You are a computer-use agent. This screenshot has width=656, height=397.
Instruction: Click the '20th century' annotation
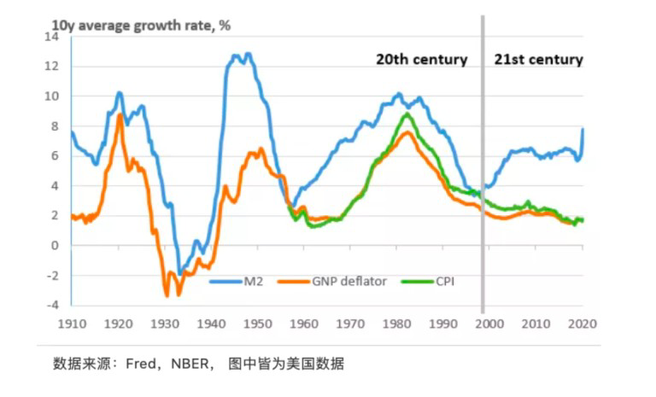[422, 60]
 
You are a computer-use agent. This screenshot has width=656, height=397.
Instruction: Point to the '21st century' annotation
[538, 60]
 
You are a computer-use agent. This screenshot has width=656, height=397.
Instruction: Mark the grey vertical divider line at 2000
[483, 171]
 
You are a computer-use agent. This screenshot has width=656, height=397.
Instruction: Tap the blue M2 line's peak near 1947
[248, 54]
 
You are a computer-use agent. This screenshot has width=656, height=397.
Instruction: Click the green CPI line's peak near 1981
[407, 114]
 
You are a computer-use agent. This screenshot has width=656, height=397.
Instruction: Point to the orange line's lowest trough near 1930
[167, 295]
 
